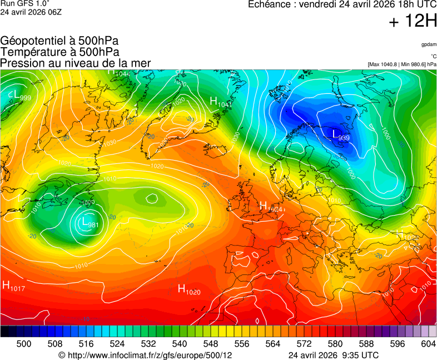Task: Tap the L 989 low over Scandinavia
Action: click(x=340, y=135)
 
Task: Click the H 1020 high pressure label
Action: click(x=188, y=289)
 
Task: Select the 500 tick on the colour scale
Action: click(x=24, y=344)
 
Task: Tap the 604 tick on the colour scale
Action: click(x=428, y=344)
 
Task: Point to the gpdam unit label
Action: click(x=429, y=44)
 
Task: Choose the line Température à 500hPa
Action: click(x=60, y=52)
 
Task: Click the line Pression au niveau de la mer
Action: click(x=76, y=63)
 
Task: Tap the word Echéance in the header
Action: click(x=269, y=4)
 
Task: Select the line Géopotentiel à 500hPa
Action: click(x=59, y=41)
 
